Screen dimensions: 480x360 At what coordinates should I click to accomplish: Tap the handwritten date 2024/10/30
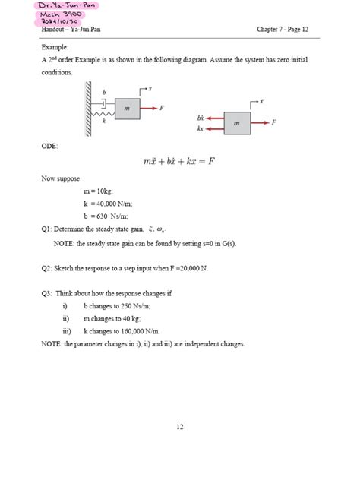pyautogui.click(x=66, y=21)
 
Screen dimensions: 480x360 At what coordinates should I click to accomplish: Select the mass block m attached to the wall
pyautogui.click(x=127, y=109)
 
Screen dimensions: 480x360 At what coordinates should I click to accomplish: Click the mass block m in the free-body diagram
pyautogui.click(x=237, y=123)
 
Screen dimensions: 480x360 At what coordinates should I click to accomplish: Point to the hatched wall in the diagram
pyautogui.click(x=89, y=111)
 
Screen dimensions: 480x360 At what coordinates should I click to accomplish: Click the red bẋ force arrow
pyautogui.click(x=214, y=118)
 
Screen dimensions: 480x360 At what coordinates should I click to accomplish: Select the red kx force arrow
pyautogui.click(x=214, y=128)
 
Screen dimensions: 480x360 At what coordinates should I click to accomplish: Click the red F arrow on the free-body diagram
pyautogui.click(x=261, y=122)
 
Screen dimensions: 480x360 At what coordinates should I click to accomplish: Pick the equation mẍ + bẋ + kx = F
pyautogui.click(x=179, y=161)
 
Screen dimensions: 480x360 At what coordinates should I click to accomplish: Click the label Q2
pyautogui.click(x=47, y=268)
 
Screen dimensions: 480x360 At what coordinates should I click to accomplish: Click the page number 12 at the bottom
pyautogui.click(x=180, y=427)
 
